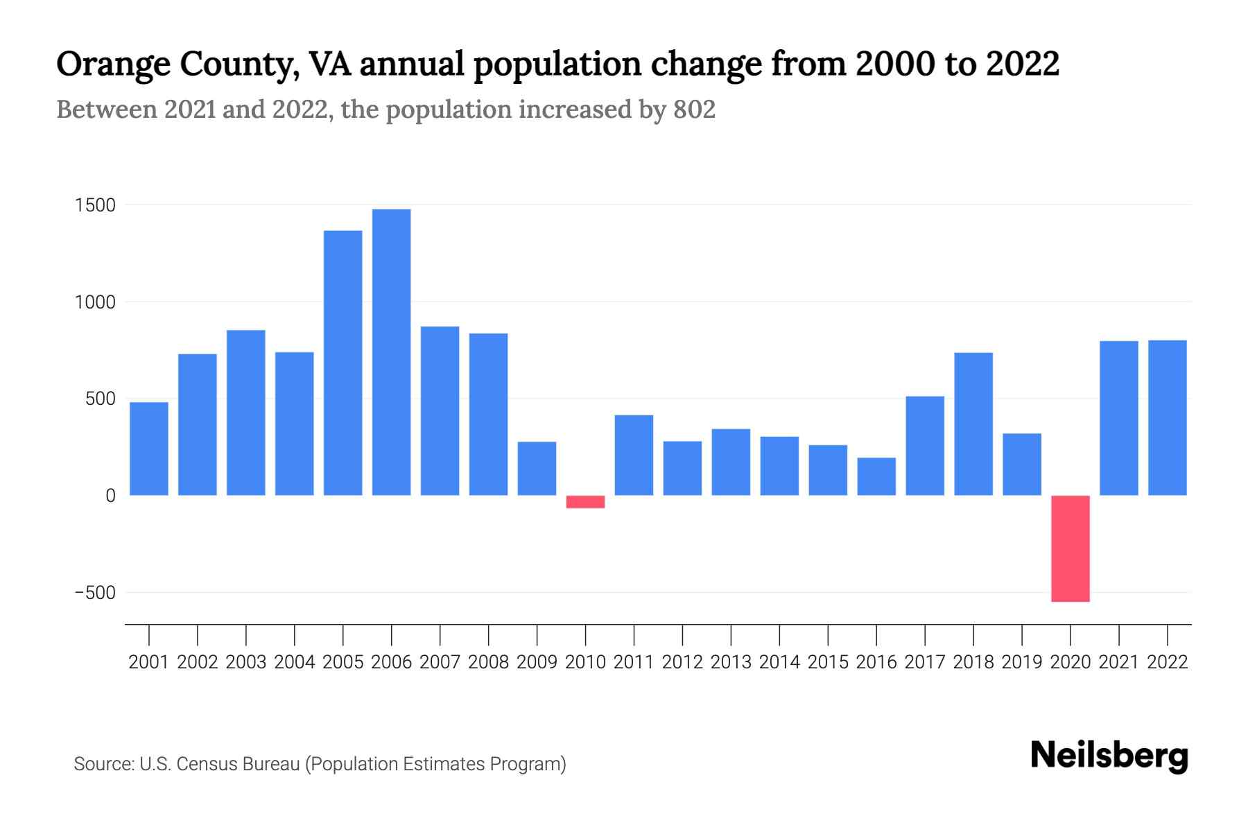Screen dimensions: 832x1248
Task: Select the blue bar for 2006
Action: (x=391, y=352)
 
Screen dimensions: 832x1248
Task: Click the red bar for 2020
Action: (x=1070, y=548)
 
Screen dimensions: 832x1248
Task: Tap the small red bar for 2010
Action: (x=585, y=502)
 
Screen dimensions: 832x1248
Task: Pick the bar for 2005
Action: (x=343, y=363)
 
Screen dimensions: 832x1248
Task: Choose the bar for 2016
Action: (x=876, y=476)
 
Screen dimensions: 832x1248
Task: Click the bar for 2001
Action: (x=149, y=449)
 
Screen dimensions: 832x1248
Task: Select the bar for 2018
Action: (x=973, y=424)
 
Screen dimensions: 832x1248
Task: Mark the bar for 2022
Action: (x=1168, y=417)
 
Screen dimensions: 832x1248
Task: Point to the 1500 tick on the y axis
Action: (x=96, y=206)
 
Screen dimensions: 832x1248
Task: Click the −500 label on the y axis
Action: (x=96, y=593)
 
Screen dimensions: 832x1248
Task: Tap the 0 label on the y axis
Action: (x=110, y=496)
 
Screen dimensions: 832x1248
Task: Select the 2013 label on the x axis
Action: (x=731, y=662)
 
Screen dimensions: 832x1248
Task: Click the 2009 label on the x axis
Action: (x=537, y=662)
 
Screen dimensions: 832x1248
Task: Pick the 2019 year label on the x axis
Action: (x=1022, y=662)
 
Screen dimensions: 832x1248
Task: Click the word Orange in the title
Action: (x=113, y=65)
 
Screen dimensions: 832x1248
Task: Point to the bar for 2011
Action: (x=634, y=455)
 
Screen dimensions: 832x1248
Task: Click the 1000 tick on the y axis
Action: (x=96, y=303)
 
